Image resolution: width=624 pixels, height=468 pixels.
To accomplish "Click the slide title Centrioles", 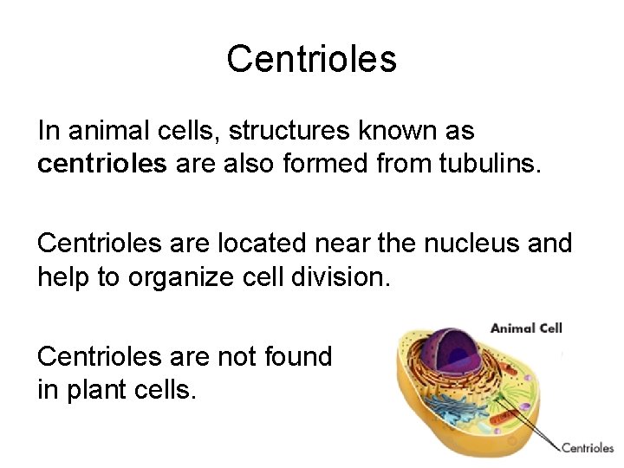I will (311, 59).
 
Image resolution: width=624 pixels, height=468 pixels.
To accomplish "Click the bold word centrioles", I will (101, 165).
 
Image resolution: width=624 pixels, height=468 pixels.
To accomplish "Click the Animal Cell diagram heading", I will (526, 328).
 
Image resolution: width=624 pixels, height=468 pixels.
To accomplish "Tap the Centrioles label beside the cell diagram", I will (588, 448).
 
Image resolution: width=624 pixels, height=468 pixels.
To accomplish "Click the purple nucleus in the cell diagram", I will (451, 347).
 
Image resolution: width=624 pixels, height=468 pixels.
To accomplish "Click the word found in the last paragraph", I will (298, 356).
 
